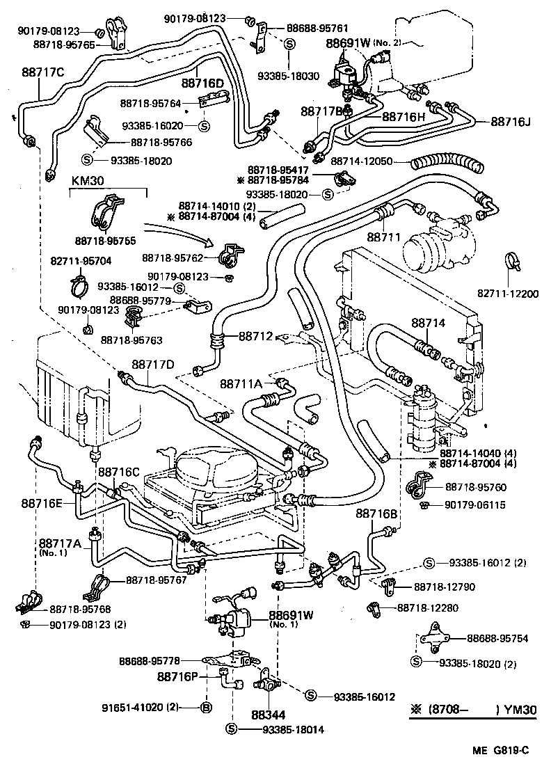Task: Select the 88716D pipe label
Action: pos(202,83)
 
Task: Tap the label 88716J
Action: pos(510,121)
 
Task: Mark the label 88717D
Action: pos(152,365)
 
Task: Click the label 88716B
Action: pos(376,514)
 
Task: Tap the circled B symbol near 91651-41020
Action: pos(206,708)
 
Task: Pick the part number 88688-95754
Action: pos(497,638)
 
